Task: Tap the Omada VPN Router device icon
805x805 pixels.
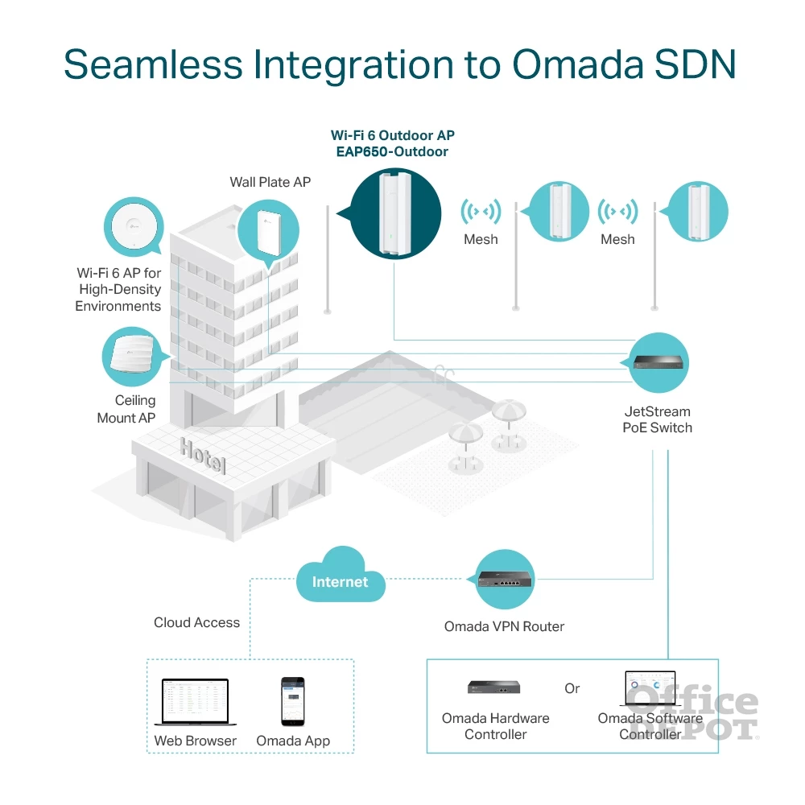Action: (504, 580)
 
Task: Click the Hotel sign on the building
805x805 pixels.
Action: (203, 456)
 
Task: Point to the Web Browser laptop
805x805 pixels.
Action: (196, 701)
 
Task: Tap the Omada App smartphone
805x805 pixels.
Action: (292, 700)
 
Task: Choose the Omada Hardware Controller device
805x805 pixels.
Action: (494, 687)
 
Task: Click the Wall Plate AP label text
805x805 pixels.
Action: (270, 182)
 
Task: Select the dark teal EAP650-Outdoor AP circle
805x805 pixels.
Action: (395, 214)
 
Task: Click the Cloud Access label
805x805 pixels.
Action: (196, 622)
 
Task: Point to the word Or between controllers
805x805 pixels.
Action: (572, 689)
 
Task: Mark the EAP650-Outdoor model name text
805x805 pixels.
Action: (393, 151)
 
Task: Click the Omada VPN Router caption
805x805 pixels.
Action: (504, 626)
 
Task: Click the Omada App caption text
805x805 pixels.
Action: (293, 741)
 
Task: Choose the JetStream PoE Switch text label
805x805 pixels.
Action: (657, 419)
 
